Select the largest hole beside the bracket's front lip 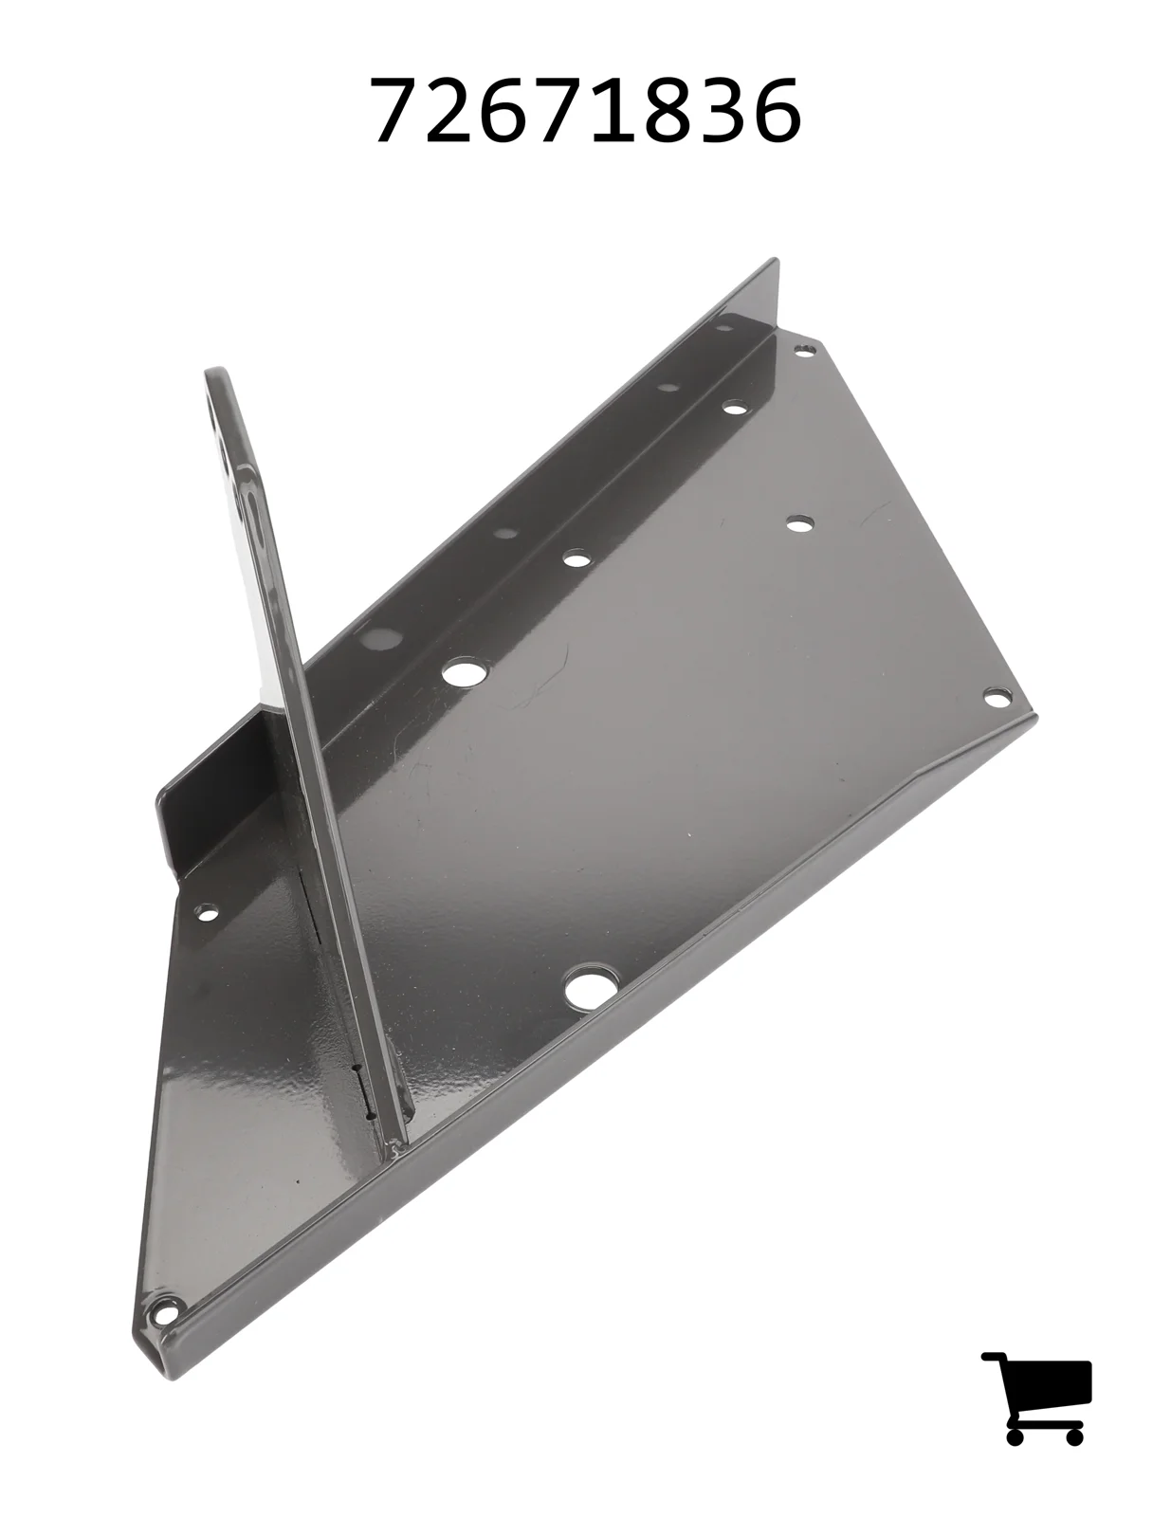tap(587, 987)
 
